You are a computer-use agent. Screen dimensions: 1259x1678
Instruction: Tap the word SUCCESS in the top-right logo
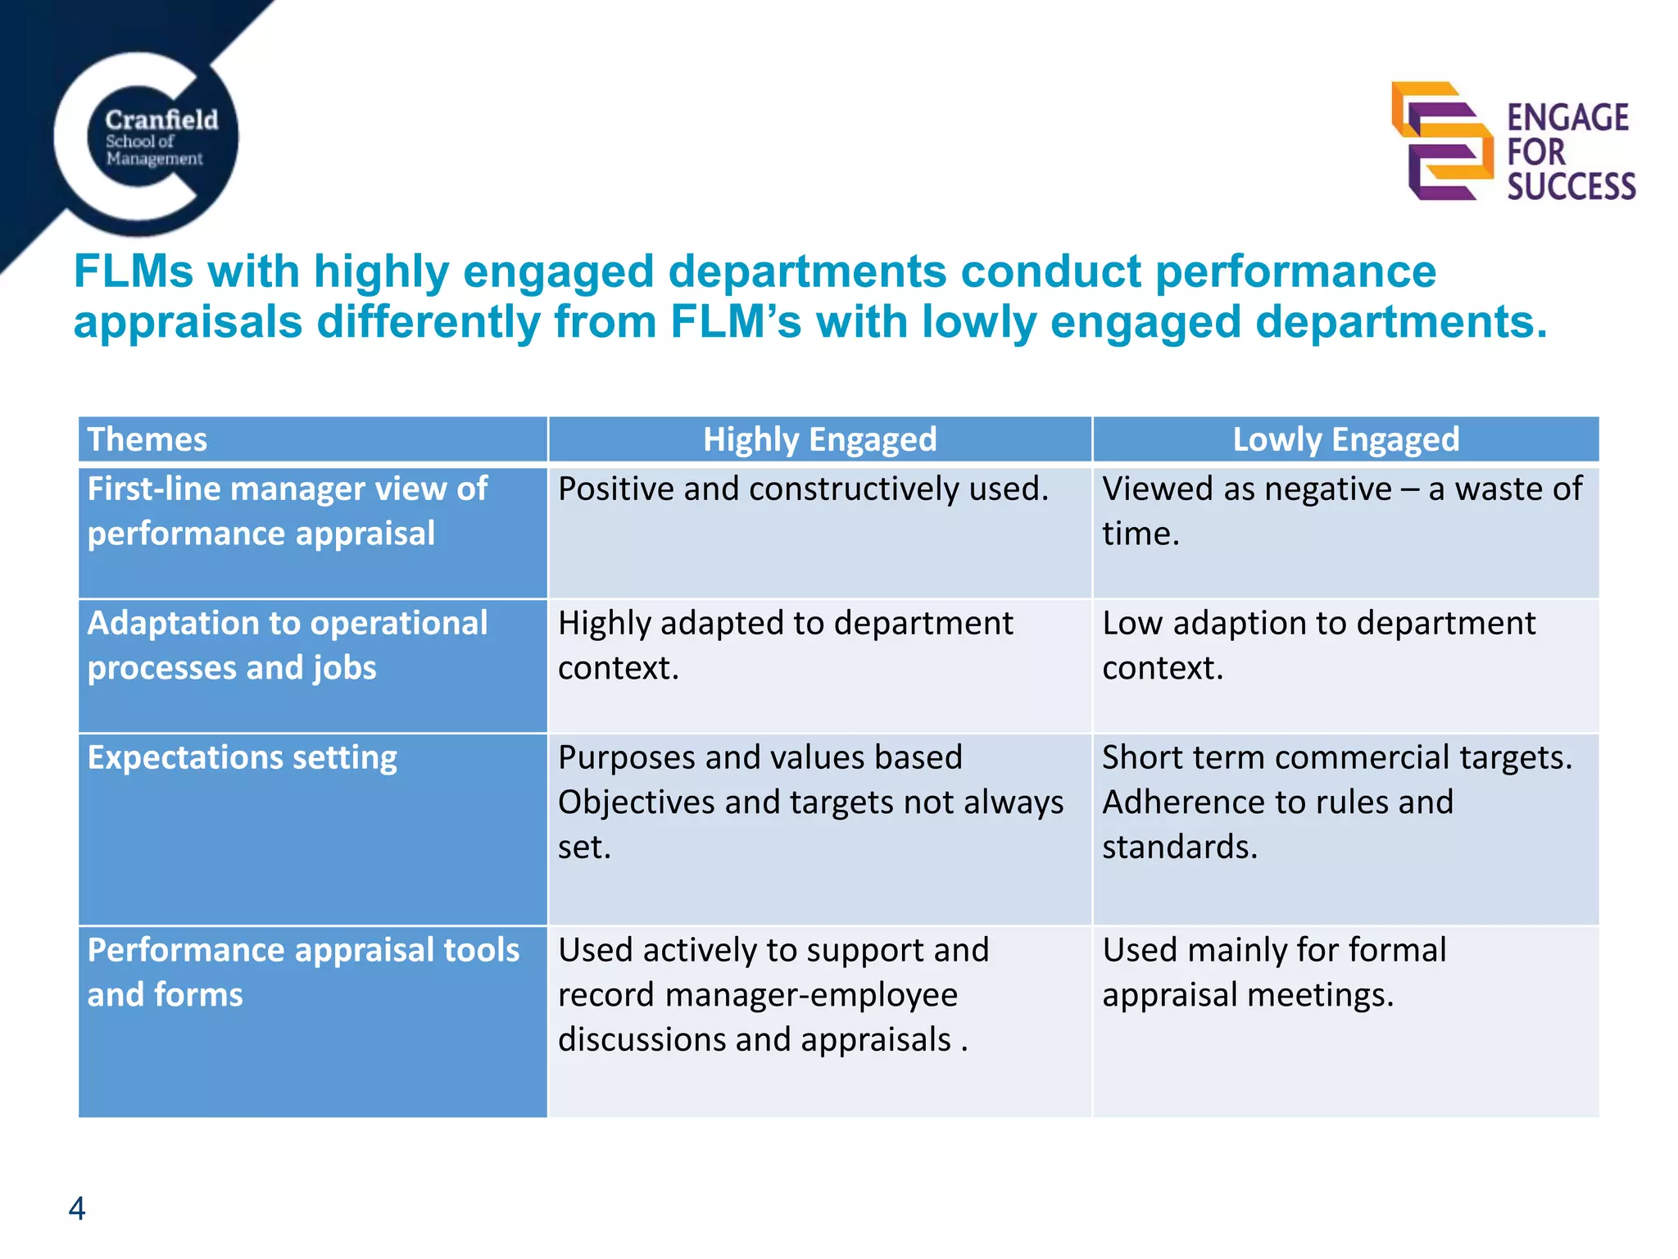1571,187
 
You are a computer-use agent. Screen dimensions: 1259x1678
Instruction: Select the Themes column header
147,439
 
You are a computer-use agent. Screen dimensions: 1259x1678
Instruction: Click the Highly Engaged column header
819,439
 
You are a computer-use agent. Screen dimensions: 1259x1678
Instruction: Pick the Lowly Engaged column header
1345,439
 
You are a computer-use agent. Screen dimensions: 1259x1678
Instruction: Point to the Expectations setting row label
243,757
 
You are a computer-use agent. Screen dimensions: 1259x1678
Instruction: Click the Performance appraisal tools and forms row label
303,972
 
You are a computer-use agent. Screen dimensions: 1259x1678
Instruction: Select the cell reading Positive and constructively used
803,489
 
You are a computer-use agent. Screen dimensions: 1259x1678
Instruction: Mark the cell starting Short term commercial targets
1337,802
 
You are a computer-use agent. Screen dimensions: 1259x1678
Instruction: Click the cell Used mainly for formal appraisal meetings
1274,972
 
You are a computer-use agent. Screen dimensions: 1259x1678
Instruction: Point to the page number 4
77,1208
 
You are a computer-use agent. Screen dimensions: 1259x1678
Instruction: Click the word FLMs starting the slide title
134,271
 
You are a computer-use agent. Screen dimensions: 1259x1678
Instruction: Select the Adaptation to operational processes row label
287,645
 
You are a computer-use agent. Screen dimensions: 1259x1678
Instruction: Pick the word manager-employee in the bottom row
811,995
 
